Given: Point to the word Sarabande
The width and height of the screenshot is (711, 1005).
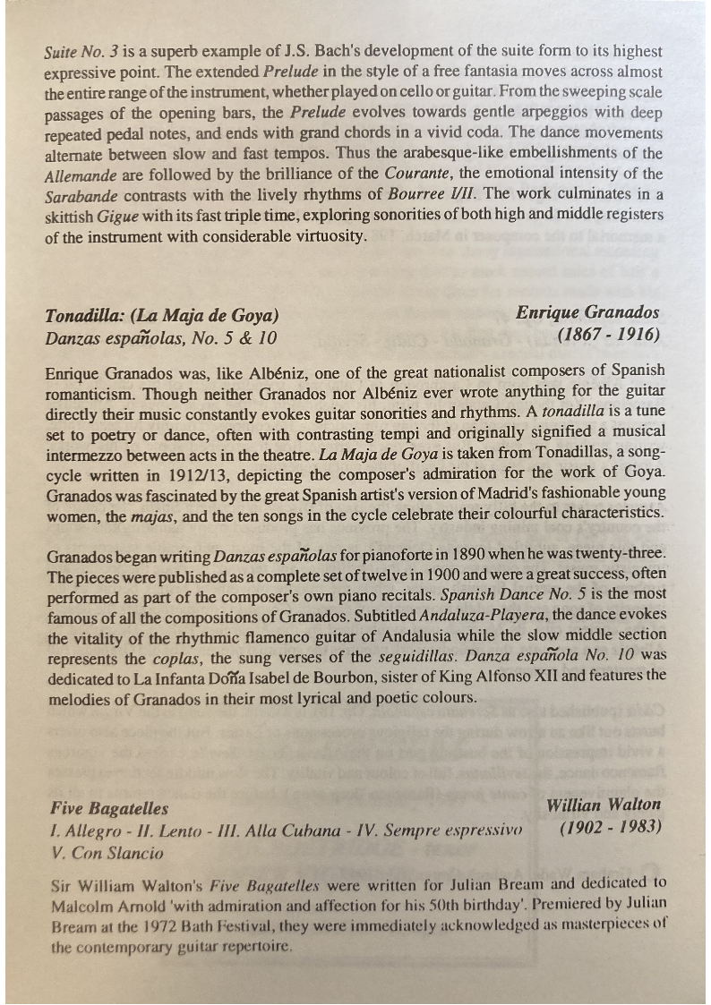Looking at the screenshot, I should pos(78,194).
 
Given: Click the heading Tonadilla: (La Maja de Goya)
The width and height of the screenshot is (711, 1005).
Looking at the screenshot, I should pos(162,316).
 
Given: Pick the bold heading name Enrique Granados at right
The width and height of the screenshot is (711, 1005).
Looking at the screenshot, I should pos(587,312).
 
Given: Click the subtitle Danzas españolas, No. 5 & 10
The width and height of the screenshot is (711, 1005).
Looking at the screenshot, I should pos(161,338).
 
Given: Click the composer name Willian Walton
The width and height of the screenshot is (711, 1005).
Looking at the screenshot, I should pos(604,805).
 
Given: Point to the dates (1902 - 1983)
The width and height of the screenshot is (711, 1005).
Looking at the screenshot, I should pos(610,827).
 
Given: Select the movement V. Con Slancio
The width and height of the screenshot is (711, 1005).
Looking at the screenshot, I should pos(107,853).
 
